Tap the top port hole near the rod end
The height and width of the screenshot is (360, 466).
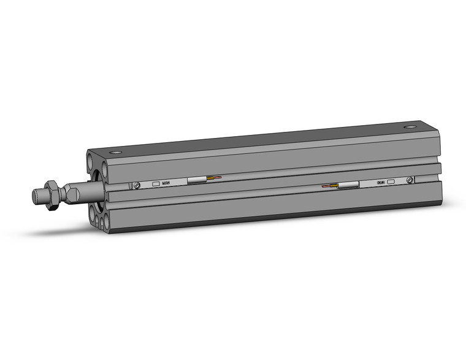tap(114, 152)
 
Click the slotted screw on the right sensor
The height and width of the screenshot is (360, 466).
tap(410, 180)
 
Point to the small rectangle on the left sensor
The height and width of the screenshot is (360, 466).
tap(155, 183)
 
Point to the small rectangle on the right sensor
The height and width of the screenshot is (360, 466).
tap(391, 182)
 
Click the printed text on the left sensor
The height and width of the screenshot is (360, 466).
tap(167, 183)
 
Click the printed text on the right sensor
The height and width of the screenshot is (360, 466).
tap(380, 182)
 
